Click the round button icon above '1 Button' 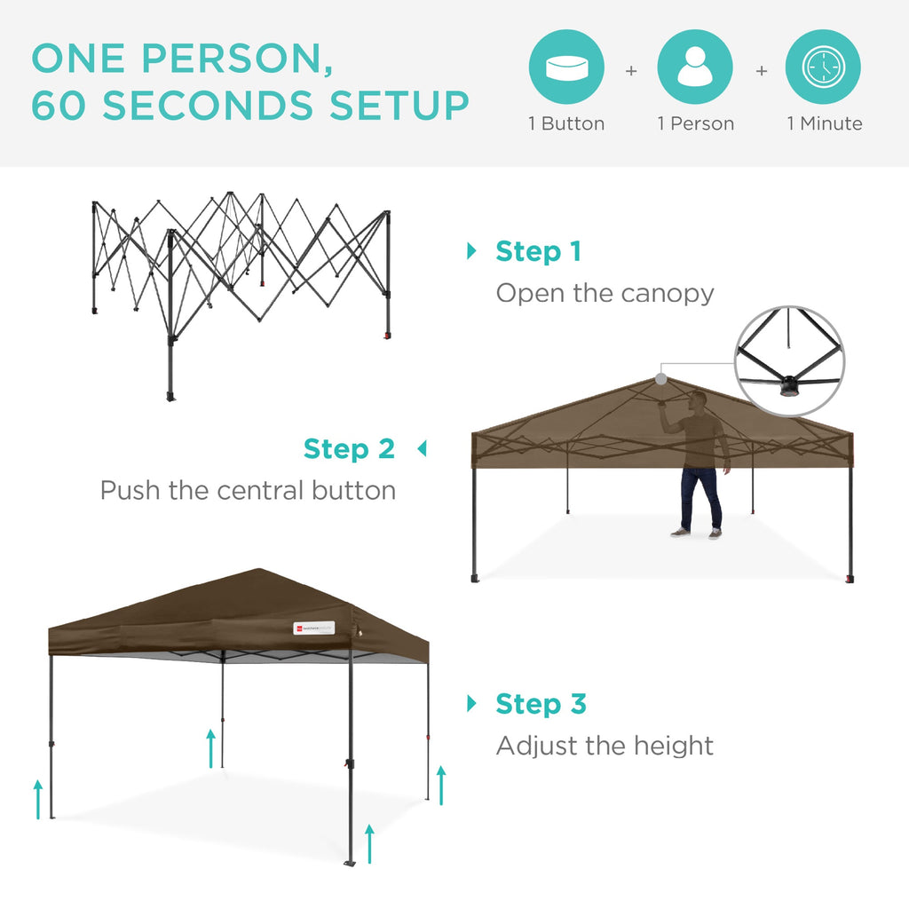[566, 67]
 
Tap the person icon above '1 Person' [695, 67]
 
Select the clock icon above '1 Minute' [823, 67]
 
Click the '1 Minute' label [825, 124]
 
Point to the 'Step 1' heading [538, 251]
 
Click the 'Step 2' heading [349, 449]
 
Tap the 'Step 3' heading [541, 704]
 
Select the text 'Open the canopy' [605, 293]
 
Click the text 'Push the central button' [248, 490]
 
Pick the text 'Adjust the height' [605, 746]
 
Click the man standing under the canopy [700, 466]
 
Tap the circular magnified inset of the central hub [789, 360]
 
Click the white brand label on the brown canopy [313, 628]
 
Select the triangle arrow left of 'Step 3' [471, 704]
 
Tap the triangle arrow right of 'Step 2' [422, 449]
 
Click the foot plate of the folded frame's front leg [171, 396]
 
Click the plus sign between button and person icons [631, 70]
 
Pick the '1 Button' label [566, 124]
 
